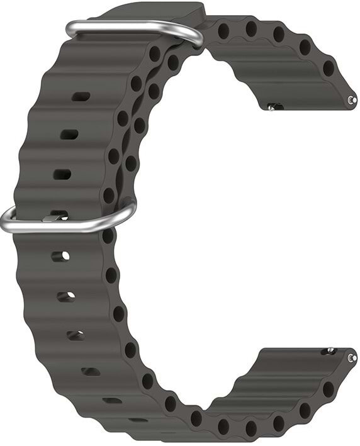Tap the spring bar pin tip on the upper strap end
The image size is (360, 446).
pos(352,99)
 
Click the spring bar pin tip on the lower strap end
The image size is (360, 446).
pos(352,357)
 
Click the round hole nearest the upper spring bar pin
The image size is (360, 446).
pos(329,67)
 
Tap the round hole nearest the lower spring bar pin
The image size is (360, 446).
pos(329,389)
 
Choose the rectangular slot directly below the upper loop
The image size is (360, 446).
pos(81,96)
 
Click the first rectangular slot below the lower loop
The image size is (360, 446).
pos(60,256)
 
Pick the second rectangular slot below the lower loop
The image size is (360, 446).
pos(66,296)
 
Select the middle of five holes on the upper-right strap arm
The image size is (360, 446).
pos(278,35)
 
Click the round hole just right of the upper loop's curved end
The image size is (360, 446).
pos(223,30)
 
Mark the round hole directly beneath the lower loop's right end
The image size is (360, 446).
pos(108,237)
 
